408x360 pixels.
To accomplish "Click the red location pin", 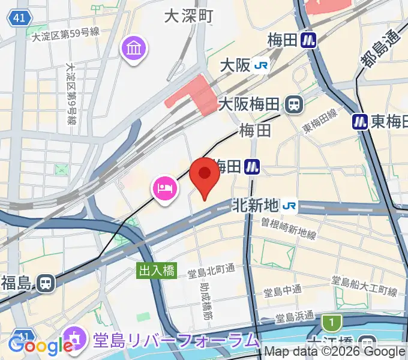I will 204,175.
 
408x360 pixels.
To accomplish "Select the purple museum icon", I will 134,47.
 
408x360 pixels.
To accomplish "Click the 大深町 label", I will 189,16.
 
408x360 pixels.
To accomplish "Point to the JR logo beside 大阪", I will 260,65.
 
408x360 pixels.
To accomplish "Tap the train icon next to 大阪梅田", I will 294,105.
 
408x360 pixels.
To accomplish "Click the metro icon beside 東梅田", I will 360,122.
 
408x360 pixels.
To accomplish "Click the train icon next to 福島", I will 44,282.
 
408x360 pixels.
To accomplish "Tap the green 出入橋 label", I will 157,271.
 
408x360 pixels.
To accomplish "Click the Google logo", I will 41,346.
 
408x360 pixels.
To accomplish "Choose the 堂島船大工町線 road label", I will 365,286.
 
